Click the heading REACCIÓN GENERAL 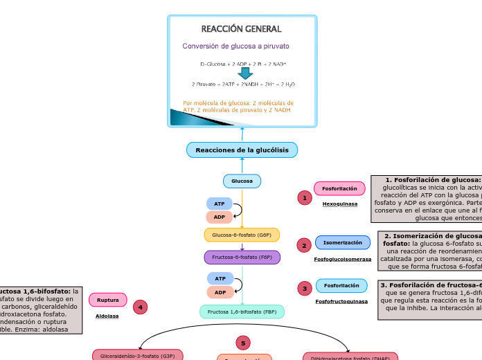241,29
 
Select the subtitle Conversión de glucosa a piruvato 235,46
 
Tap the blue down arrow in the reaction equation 245,73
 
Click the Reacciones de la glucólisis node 242,150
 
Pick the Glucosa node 242,181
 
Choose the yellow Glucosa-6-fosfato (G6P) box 242,235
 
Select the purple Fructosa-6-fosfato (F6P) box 242,257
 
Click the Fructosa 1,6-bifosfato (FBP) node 242,312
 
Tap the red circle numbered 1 304,198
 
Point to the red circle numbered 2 304,245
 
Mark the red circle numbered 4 141,307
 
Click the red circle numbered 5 243,343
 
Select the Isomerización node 343,242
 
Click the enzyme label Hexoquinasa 340,204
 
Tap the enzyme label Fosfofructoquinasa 341,301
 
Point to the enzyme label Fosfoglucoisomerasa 342,259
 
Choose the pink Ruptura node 108,300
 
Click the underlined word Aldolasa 107,316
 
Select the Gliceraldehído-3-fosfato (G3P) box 138,355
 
